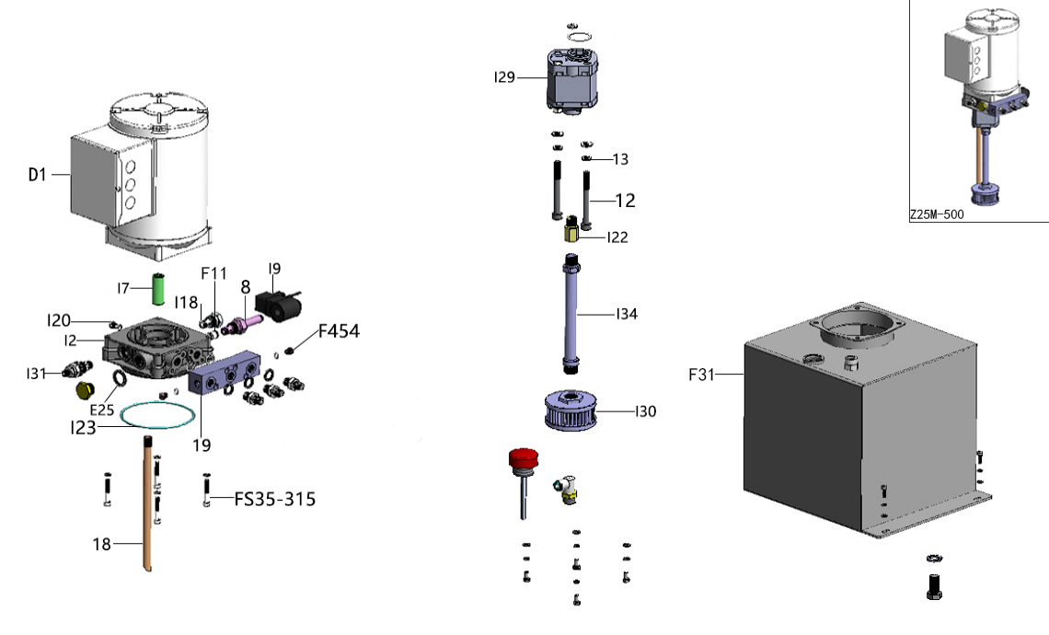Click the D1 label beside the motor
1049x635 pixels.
pyautogui.click(x=37, y=174)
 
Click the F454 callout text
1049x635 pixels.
pyautogui.click(x=339, y=332)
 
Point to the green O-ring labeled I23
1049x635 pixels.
pyautogui.click(x=157, y=413)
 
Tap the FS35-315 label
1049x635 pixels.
pyautogui.click(x=274, y=500)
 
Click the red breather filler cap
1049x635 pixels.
pyautogui.click(x=522, y=458)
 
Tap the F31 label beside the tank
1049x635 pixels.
pyautogui.click(x=702, y=375)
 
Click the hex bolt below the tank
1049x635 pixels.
pyautogui.click(x=932, y=586)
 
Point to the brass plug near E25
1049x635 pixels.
pyautogui.click(x=85, y=390)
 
